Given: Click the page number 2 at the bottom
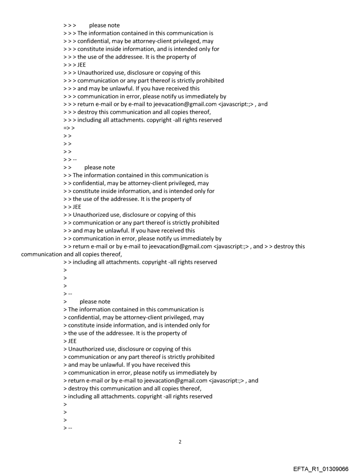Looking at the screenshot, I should pyautogui.click(x=180, y=442).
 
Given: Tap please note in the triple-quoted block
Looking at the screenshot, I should pyautogui.click(x=104, y=26).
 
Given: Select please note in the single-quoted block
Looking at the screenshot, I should pyautogui.click(x=95, y=302).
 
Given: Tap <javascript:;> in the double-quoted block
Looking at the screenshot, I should pyautogui.click(x=232, y=246).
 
